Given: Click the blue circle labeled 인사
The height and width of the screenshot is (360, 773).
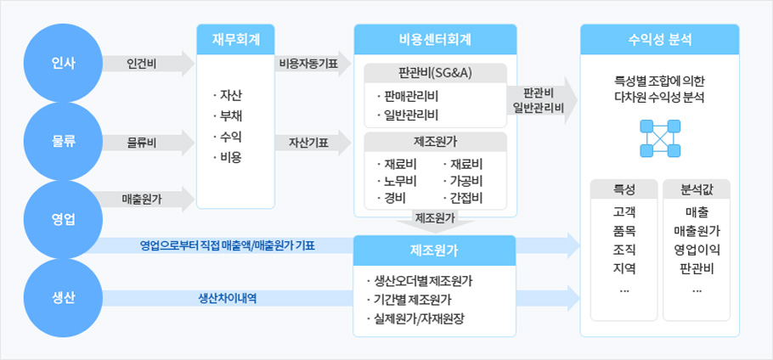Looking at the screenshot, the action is pos(63,63).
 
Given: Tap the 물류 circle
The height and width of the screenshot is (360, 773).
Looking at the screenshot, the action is pos(63,141).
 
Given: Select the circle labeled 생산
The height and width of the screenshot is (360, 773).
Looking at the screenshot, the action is pos(63,298).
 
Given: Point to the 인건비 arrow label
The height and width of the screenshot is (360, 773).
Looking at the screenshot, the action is pos(142,64).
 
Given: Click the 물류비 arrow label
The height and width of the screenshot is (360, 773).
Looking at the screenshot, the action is pos(142,143).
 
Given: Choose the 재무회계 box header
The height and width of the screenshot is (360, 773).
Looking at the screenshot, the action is pos(235,39).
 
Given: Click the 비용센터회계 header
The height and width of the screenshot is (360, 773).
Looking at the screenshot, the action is pos(435,39).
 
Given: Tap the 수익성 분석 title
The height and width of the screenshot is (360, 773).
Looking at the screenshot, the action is pos(660,39).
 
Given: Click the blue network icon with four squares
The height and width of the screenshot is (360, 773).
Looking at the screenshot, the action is pos(660,138).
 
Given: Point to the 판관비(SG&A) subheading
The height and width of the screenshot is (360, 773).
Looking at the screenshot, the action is pos(435,73).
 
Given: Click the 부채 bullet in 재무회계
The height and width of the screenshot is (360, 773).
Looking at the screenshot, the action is pos(228,115).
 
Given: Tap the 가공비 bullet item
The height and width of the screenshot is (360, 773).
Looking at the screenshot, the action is pos(462,181).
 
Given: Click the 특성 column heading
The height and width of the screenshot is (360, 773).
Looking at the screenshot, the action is pos(624,189).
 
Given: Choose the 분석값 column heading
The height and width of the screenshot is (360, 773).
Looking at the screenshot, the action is pos(697,189).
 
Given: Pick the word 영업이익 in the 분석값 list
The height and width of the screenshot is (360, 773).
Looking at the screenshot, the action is pos(697,250).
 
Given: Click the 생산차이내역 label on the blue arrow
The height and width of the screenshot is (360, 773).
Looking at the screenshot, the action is pos(228,298).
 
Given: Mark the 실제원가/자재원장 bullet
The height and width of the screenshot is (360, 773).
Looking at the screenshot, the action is pos(415,318).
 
